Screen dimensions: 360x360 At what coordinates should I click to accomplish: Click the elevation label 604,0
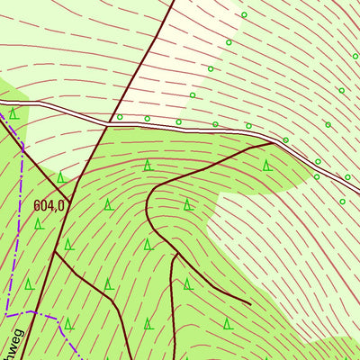(49, 205)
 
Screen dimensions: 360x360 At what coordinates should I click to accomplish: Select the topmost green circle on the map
(244, 15)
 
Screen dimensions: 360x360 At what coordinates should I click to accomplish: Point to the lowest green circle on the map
(343, 202)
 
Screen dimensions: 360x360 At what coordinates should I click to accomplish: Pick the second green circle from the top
(229, 42)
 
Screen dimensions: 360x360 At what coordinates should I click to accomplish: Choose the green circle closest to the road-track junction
(120, 117)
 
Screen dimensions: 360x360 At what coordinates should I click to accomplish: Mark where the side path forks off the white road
(272, 142)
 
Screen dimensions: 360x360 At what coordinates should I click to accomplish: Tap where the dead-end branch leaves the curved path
(175, 254)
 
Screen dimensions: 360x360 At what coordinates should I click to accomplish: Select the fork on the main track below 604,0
(56, 252)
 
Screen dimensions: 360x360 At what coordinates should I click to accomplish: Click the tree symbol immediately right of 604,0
(108, 205)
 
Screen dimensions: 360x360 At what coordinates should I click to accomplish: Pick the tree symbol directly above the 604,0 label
(60, 178)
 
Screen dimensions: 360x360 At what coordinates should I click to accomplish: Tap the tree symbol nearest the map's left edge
(13, 114)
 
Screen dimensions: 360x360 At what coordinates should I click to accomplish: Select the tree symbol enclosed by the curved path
(188, 205)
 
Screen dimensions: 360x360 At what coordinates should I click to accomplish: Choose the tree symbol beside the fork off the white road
(267, 166)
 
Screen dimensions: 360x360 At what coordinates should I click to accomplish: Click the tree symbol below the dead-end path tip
(228, 322)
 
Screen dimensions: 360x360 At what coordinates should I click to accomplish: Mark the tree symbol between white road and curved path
(147, 165)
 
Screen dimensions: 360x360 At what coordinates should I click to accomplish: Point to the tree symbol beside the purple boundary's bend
(68, 322)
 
